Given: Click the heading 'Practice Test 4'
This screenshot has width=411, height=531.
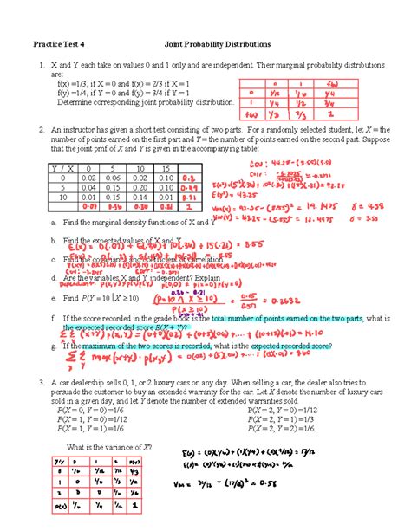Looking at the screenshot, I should tap(59, 42).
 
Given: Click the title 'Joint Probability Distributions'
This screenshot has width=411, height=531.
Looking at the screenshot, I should tap(212, 42).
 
